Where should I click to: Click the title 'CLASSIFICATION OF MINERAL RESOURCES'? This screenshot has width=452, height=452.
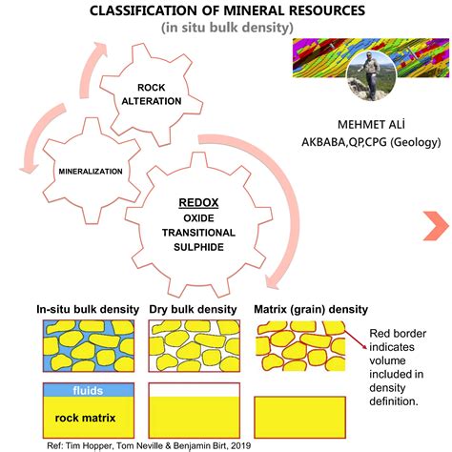click(x=226, y=10)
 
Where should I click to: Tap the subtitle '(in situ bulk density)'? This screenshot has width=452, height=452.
click(x=225, y=29)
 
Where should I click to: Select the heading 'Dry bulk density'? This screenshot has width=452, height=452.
click(x=195, y=309)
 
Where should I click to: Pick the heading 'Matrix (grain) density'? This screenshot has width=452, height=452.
click(x=311, y=309)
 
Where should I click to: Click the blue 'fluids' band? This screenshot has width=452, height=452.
click(x=87, y=391)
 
